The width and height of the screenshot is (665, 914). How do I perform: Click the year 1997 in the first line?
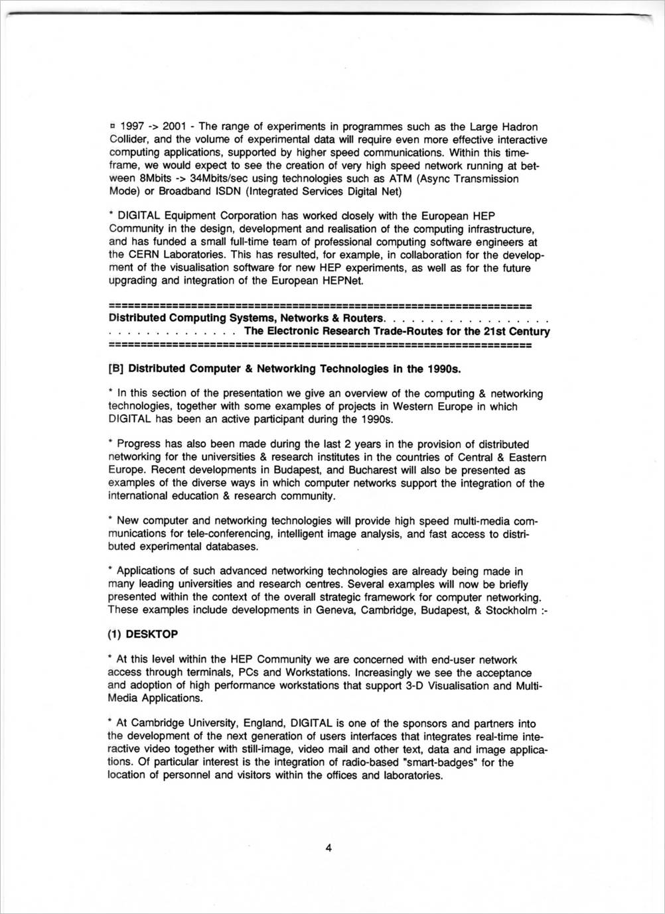(131, 127)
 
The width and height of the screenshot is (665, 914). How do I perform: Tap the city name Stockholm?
(510, 610)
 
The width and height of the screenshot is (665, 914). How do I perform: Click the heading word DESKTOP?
(151, 634)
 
